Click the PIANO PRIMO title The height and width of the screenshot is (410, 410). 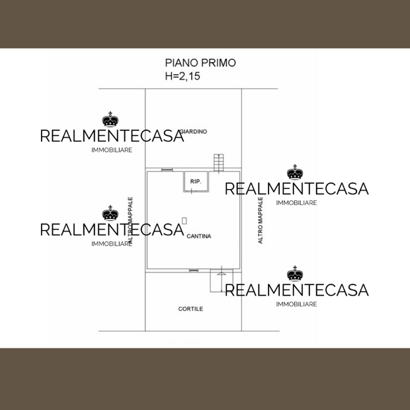[x=200, y=63]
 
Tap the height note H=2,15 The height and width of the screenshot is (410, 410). [x=183, y=77]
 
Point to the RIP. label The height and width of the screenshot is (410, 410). [x=196, y=181]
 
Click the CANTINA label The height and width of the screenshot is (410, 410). [x=199, y=236]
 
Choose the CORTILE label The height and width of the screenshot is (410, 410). [x=190, y=309]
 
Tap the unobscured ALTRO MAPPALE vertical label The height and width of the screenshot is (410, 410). [x=261, y=221]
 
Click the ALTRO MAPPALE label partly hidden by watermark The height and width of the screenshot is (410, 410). [x=131, y=221]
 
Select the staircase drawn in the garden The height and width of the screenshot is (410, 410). [x=219, y=163]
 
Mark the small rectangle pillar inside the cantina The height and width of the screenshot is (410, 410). [x=184, y=220]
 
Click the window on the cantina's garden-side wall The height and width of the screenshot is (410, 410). [x=167, y=169]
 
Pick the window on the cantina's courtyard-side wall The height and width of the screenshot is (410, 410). [x=194, y=270]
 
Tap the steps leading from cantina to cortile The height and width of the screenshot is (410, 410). [x=218, y=281]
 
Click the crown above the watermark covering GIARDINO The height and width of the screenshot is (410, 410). [x=110, y=120]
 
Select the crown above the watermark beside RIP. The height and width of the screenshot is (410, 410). [x=295, y=173]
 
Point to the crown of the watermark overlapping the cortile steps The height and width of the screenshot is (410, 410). [x=295, y=274]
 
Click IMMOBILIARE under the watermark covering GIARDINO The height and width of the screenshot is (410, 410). [x=112, y=150]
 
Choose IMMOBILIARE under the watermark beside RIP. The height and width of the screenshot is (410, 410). [x=296, y=203]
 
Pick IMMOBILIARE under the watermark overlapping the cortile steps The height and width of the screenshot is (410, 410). [x=296, y=304]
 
